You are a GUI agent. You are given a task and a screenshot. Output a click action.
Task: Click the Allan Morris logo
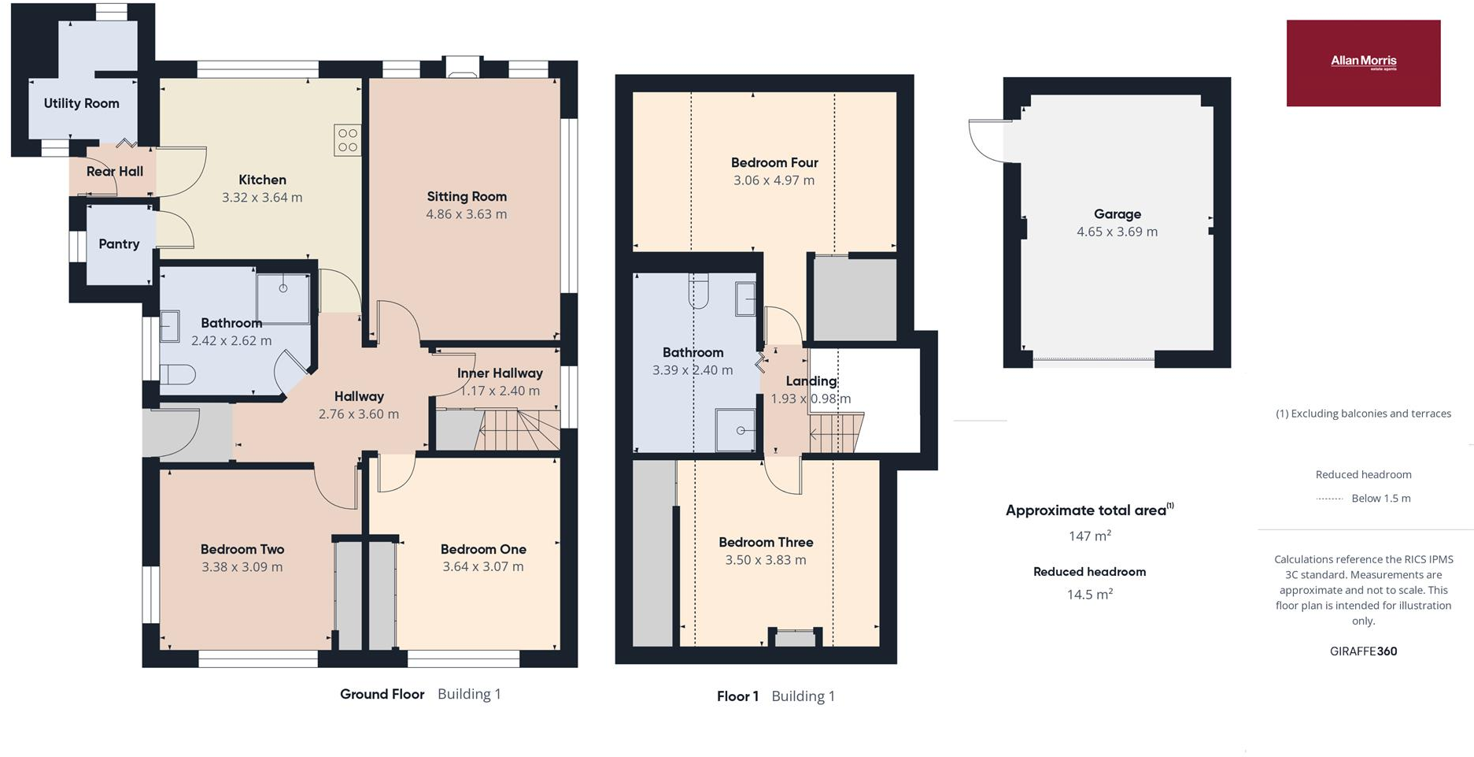coord(1363,62)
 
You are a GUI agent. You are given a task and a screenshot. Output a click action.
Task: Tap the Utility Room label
coord(81,103)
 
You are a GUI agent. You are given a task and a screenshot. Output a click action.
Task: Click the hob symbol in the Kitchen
coord(347,140)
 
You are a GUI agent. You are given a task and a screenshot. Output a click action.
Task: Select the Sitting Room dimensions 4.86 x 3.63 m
coord(466,214)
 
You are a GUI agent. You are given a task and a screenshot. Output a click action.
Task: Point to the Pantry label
coord(119,244)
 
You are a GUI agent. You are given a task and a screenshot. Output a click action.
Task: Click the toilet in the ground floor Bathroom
coord(176,373)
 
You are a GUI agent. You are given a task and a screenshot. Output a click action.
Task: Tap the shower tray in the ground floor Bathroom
coord(283,297)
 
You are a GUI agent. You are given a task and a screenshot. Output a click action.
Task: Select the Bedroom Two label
coord(242,549)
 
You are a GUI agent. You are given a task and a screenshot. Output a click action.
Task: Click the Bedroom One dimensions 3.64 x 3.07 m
coord(482,567)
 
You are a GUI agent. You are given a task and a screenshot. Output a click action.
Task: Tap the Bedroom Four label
coord(774,163)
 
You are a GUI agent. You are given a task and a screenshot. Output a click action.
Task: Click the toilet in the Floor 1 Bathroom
coord(698,290)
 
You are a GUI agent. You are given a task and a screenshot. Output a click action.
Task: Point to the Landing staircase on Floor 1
coord(836,432)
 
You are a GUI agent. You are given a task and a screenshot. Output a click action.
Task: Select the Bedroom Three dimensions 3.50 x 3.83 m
coord(765,560)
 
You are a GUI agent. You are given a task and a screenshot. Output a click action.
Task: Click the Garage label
coord(1117,214)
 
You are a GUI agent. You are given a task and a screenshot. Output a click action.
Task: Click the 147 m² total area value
coord(1089,536)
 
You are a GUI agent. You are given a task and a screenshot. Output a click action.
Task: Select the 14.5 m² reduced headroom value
coord(1089,595)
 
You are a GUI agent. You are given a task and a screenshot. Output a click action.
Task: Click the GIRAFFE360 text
coord(1363,651)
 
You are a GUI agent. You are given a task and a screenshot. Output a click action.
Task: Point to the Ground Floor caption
coord(382,694)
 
